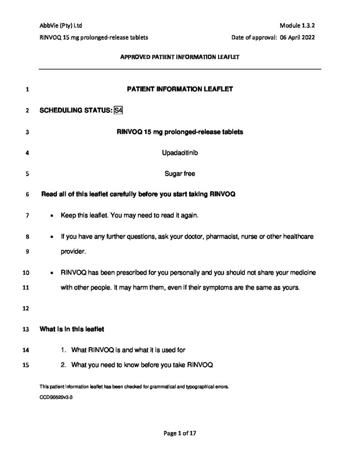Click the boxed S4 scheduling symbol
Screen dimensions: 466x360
[x=119, y=111]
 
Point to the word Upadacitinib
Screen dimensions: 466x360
[x=180, y=153]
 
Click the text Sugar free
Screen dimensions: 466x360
[x=180, y=173]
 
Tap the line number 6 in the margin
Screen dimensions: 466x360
[x=28, y=195]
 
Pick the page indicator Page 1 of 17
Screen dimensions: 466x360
[x=180, y=434]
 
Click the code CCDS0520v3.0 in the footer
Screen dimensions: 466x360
[x=56, y=397]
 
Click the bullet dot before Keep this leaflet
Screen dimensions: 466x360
[x=53, y=216]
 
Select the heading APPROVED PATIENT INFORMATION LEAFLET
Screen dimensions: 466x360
[x=180, y=57]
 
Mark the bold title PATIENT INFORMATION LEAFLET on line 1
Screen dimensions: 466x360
[x=180, y=89]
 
